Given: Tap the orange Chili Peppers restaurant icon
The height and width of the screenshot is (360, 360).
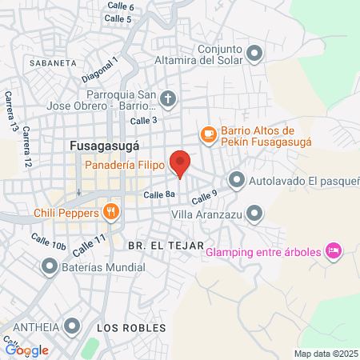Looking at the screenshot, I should click(x=111, y=213).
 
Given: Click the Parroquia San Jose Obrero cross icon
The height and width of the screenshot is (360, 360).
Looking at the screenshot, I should click(x=167, y=99).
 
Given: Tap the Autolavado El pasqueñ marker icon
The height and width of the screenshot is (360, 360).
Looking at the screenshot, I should click(x=237, y=179).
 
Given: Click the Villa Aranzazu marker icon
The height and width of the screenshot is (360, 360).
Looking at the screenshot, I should click(x=254, y=213).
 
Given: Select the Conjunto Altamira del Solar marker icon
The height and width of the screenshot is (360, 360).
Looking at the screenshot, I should click(x=254, y=54).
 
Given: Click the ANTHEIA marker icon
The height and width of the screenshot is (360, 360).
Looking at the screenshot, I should click(x=73, y=326).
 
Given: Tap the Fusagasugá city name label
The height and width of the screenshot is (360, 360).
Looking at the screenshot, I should click(x=105, y=147).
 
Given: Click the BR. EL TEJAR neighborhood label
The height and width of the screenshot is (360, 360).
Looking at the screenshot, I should click(x=160, y=245).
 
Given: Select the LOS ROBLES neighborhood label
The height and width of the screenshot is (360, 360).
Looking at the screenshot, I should click(x=131, y=328).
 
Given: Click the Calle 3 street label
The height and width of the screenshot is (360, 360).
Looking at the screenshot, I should click(x=143, y=120).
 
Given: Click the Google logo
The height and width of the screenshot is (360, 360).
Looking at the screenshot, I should click(x=27, y=350).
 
